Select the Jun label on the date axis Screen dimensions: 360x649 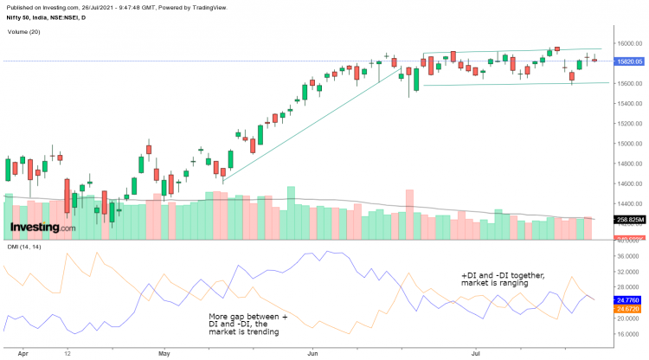pyautogui.click(x=312, y=353)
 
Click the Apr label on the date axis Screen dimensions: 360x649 pyautogui.click(x=22, y=353)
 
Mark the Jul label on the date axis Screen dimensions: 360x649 pyautogui.click(x=476, y=353)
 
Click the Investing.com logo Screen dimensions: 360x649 pyautogui.click(x=42, y=228)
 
